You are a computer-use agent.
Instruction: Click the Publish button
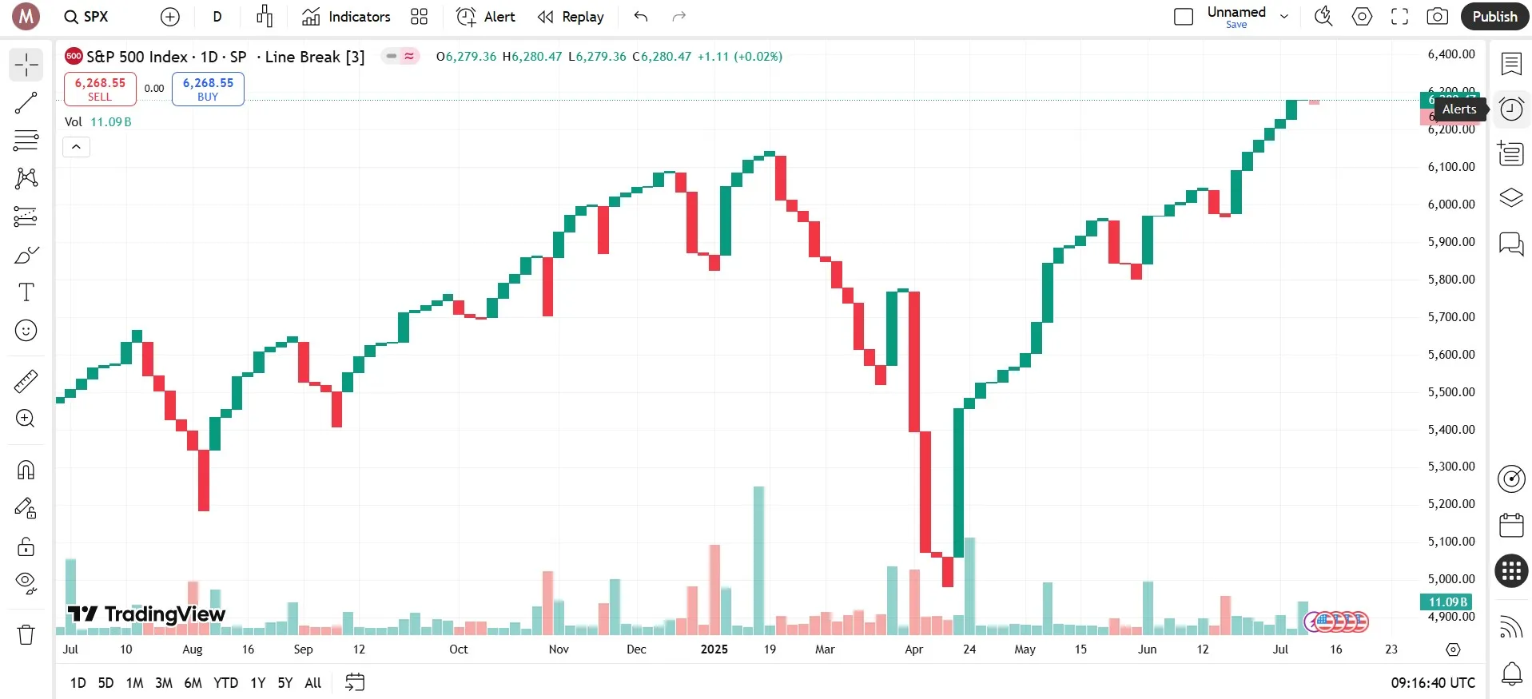pyautogui.click(x=1494, y=17)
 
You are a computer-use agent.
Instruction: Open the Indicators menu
pyautogui.click(x=347, y=17)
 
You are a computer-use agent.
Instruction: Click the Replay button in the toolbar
pyautogui.click(x=571, y=17)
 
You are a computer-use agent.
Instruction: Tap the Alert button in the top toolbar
pyautogui.click(x=486, y=17)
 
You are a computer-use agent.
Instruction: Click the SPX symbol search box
pyautogui.click(x=87, y=17)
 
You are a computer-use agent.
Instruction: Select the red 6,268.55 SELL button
pyautogui.click(x=100, y=89)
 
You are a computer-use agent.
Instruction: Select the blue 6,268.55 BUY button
pyautogui.click(x=208, y=89)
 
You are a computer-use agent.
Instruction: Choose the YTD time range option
pyautogui.click(x=225, y=683)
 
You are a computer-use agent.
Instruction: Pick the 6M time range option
pyautogui.click(x=193, y=683)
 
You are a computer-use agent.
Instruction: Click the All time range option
pyautogui.click(x=313, y=683)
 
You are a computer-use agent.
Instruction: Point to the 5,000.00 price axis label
pyautogui.click(x=1450, y=579)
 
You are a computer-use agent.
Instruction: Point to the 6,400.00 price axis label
pyautogui.click(x=1450, y=54)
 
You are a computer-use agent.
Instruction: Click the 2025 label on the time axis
pyautogui.click(x=714, y=649)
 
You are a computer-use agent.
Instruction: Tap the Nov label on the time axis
pyautogui.click(x=559, y=649)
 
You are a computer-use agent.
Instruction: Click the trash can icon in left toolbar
pyautogui.click(x=26, y=634)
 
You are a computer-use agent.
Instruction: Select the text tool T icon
pyautogui.click(x=26, y=292)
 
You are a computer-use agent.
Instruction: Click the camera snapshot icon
pyautogui.click(x=1437, y=17)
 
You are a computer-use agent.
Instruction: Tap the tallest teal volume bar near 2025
pyautogui.click(x=758, y=559)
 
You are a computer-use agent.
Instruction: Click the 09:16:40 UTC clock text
pyautogui.click(x=1433, y=683)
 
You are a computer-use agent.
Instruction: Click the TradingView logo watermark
pyautogui.click(x=147, y=614)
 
